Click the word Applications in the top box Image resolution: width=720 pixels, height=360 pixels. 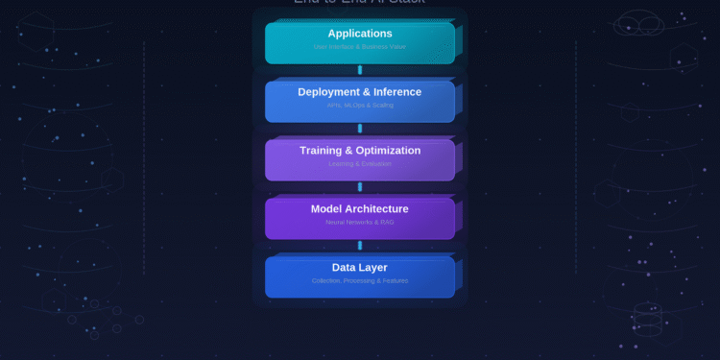360,34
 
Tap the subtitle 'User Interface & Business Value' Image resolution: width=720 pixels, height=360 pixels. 360,46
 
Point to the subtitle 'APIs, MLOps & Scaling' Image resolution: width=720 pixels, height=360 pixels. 360,105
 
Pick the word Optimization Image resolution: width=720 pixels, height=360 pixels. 389,151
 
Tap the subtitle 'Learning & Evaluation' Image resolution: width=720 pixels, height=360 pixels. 360,164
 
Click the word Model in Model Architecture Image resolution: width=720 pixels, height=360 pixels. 326,209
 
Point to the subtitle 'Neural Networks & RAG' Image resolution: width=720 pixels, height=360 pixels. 360,222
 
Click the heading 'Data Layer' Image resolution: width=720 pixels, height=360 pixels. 360,268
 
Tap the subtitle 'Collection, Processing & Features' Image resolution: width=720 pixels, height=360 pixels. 360,280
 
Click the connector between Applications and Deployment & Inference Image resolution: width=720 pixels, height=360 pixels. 360,70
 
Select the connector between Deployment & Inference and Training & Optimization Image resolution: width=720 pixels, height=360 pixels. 360,129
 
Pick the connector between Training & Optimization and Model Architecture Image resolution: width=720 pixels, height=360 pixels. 360,187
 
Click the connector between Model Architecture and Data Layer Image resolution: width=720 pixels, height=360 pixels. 360,246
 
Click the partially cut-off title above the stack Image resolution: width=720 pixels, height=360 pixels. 360,3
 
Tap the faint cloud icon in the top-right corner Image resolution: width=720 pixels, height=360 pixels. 638,23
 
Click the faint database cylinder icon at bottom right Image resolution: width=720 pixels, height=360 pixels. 648,320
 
